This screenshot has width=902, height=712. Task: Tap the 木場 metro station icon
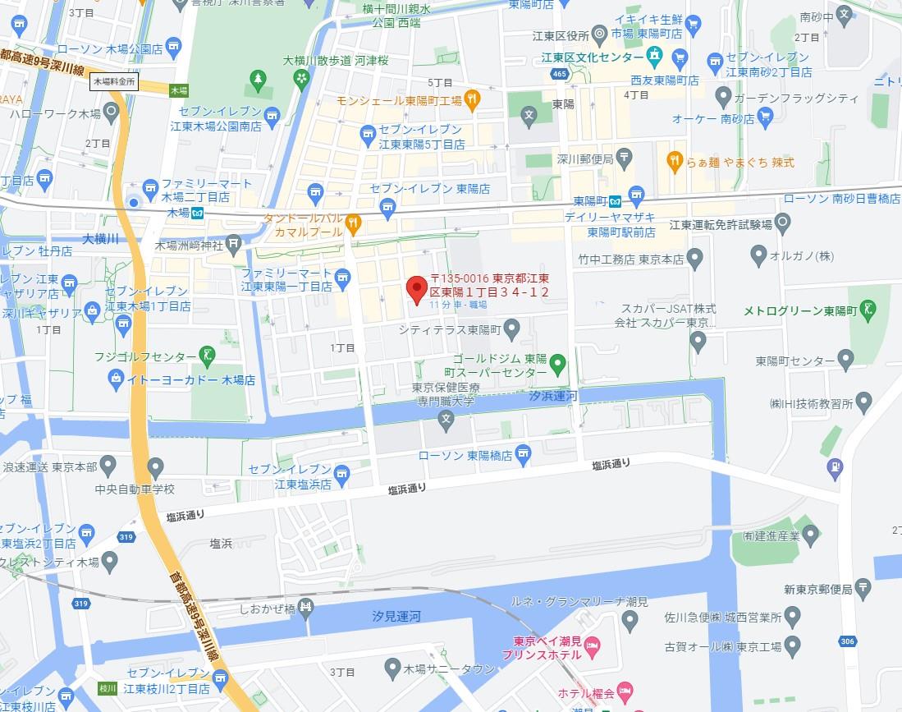198,213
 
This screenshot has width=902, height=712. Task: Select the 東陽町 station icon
638,199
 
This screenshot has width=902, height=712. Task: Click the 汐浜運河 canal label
553,397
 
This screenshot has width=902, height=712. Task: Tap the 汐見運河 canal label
396,615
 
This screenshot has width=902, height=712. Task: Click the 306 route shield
849,641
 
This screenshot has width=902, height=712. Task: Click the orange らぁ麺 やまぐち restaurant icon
674,161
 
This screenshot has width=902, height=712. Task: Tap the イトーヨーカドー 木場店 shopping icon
116,379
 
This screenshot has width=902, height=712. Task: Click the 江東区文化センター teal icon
654,57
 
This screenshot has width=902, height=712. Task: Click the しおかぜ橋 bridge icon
306,609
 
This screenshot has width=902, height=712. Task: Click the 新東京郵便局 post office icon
863,586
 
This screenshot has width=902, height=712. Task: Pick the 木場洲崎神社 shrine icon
235,243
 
